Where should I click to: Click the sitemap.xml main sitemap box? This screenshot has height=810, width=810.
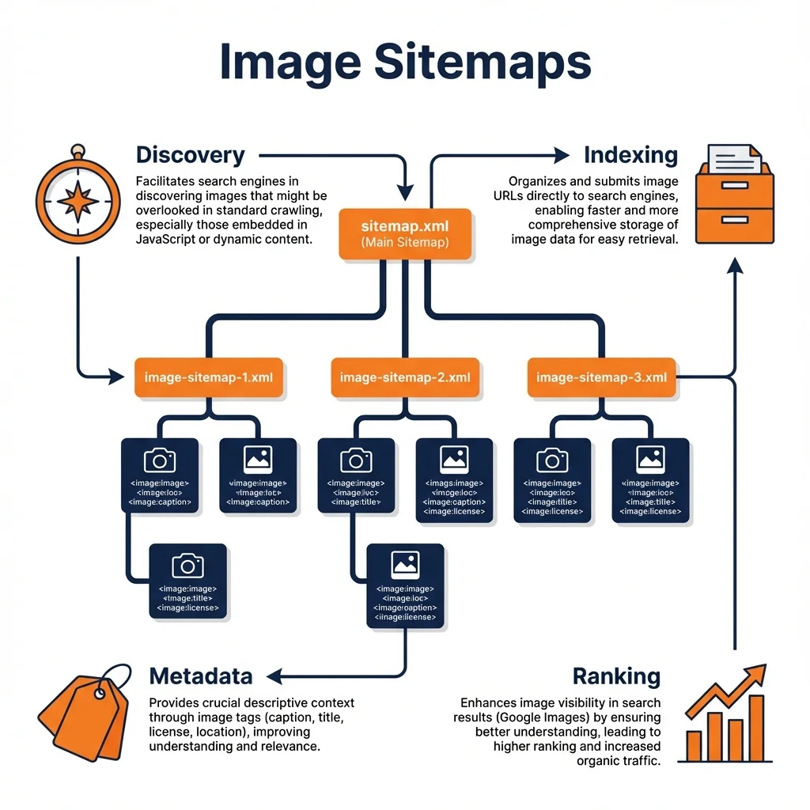[404, 233]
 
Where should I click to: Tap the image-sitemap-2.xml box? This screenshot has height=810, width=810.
[404, 377]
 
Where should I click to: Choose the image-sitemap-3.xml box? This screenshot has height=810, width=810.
[601, 377]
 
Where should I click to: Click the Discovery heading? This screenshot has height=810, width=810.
[191, 155]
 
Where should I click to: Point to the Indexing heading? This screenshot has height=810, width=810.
[630, 155]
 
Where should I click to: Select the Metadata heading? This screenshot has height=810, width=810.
[201, 676]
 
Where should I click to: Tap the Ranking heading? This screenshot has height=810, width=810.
[616, 676]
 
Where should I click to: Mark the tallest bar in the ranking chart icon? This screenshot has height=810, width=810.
[756, 726]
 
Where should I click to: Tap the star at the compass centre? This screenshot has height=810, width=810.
[78, 202]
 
